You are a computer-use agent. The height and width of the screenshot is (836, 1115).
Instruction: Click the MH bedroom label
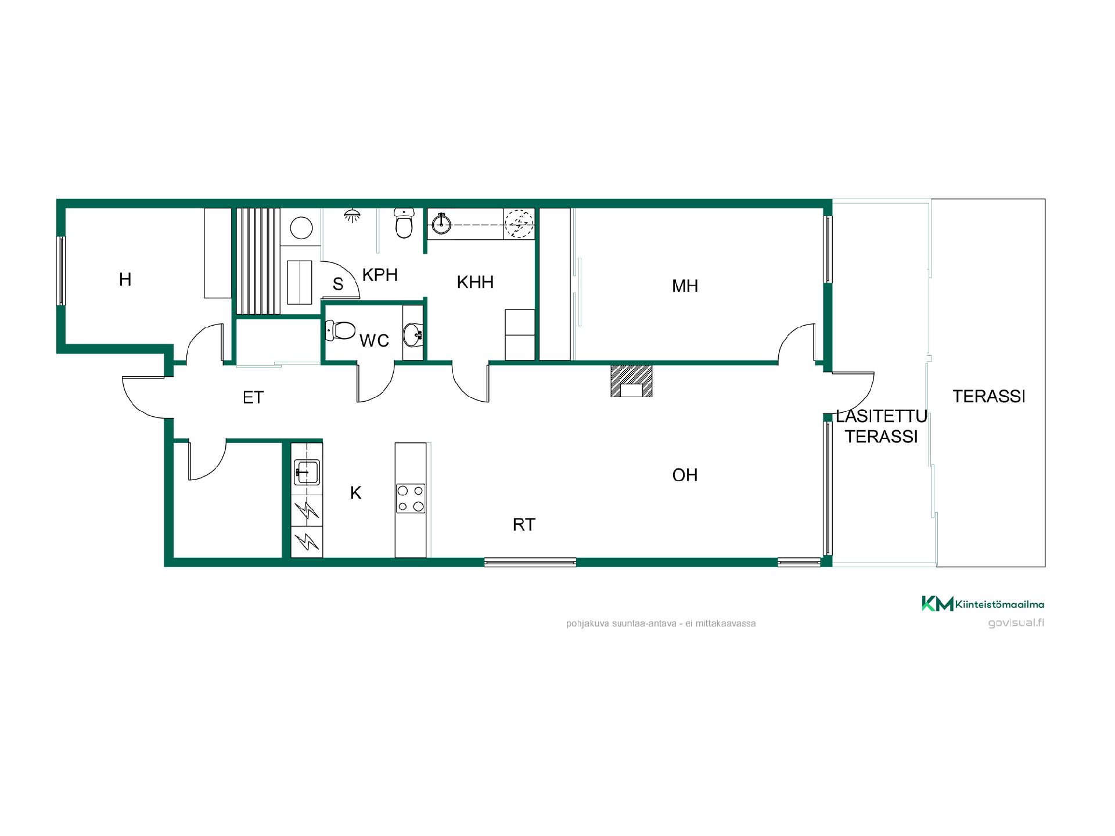point(685,286)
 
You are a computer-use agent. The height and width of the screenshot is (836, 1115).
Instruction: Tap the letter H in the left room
point(125,279)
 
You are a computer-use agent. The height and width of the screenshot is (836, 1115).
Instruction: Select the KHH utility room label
point(475,282)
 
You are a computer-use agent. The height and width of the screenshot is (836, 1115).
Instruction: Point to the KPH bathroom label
point(380,275)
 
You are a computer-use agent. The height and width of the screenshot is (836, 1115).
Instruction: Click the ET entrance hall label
point(253,398)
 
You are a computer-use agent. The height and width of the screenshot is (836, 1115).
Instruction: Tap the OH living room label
point(685,475)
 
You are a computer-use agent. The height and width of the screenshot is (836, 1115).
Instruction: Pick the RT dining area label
point(524,525)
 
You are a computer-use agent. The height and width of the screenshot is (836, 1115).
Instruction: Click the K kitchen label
point(355,493)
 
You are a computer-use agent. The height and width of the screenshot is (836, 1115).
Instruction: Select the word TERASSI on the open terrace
point(989,397)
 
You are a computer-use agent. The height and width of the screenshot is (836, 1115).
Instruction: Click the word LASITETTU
point(882,417)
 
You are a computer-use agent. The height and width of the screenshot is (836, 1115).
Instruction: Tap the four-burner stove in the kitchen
point(411,499)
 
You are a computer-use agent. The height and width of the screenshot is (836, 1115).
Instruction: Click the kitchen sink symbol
point(307,471)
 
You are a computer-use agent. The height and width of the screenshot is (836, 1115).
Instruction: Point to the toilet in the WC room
point(341,331)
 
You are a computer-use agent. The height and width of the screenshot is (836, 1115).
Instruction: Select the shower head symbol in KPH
point(352,215)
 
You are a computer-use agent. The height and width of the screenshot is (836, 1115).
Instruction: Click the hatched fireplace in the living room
point(631,381)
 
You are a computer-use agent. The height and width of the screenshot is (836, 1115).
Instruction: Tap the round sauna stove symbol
point(301,228)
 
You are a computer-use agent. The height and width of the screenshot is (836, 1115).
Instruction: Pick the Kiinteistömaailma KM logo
point(983,604)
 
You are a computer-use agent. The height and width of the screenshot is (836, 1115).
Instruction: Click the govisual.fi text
point(1016,623)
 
